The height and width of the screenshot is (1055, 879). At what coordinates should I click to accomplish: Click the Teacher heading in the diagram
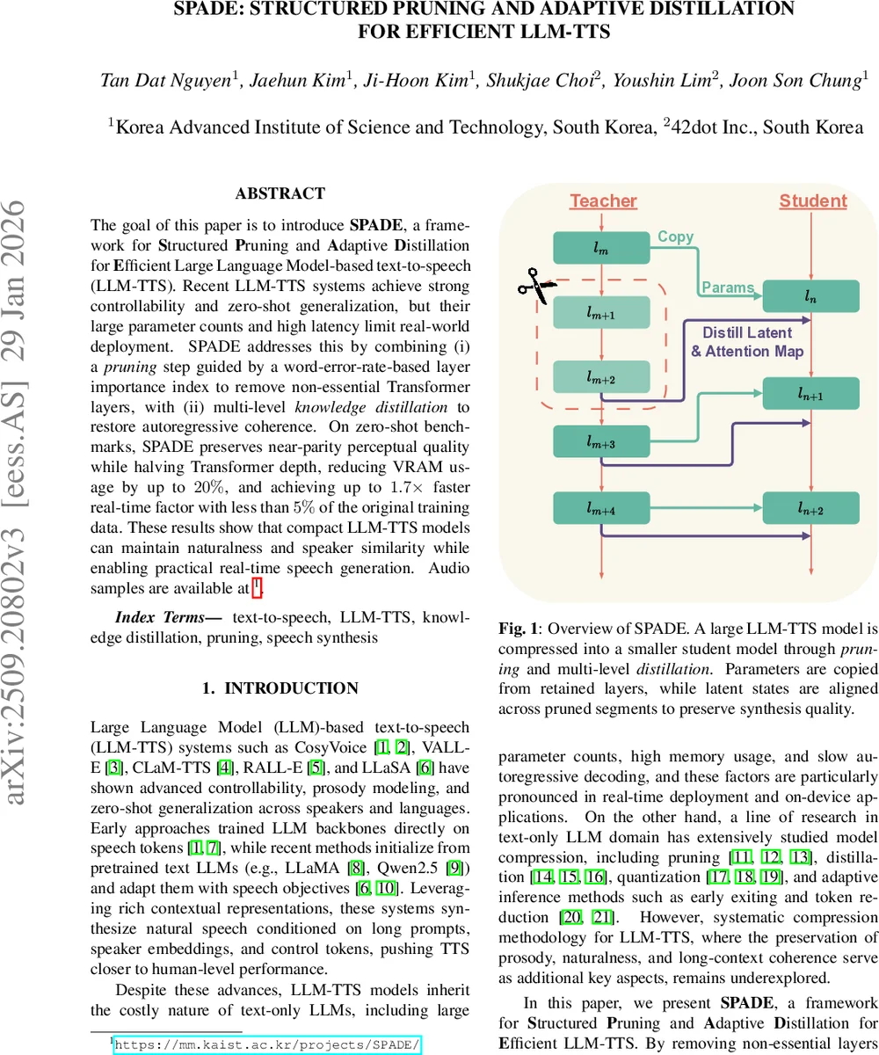coord(603,201)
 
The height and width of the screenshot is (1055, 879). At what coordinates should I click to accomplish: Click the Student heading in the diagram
coord(813,201)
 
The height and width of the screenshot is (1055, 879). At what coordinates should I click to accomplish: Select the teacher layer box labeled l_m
coord(601,249)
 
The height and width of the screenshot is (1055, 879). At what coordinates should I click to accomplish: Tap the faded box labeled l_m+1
coord(601,313)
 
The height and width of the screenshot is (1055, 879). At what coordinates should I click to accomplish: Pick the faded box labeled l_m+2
coord(601,378)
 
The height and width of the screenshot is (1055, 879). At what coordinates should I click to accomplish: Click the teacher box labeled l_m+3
coord(601,442)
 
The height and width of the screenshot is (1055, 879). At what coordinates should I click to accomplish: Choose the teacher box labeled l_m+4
coord(601,507)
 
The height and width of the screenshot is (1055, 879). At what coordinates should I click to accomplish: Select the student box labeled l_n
coord(810,296)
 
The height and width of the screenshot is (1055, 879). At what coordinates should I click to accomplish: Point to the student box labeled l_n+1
coord(810,394)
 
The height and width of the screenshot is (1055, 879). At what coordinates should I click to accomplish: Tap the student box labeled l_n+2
coord(810,507)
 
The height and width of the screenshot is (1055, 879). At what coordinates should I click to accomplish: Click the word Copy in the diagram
coord(675,236)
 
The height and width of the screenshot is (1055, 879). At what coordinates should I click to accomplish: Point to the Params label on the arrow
coord(728,287)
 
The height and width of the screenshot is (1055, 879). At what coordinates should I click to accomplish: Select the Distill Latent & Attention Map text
coord(747,342)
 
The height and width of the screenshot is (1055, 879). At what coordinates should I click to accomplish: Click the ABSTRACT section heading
coord(280,193)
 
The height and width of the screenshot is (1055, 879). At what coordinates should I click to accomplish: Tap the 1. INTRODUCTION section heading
coord(280,688)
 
